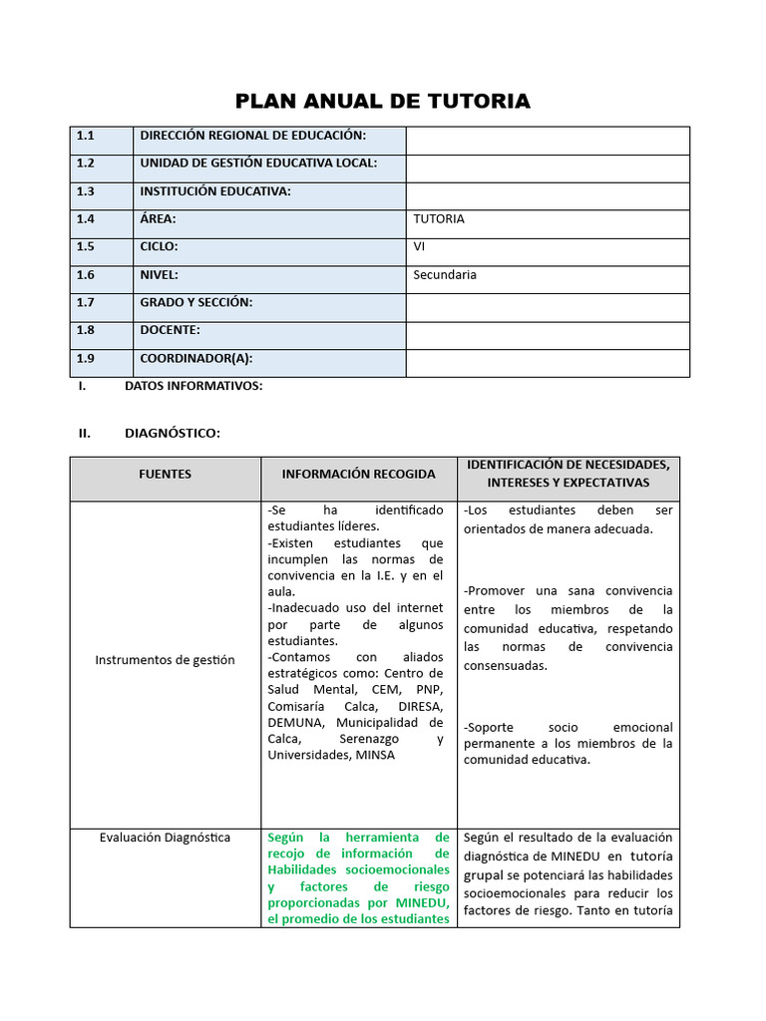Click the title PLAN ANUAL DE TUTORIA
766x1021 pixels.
(x=382, y=101)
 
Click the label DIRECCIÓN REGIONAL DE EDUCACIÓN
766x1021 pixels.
(x=252, y=136)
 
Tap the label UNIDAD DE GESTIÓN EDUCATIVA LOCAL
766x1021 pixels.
(x=258, y=164)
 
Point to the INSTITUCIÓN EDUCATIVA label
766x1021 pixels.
(x=215, y=191)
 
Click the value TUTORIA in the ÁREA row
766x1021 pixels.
(x=438, y=219)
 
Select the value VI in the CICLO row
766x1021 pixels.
(x=419, y=247)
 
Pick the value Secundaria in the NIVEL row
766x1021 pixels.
(x=445, y=275)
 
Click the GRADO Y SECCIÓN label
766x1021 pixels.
(x=195, y=302)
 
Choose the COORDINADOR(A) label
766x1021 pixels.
(x=195, y=358)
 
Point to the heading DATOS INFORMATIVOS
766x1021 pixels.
(x=193, y=386)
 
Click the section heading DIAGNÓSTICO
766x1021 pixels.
(x=173, y=433)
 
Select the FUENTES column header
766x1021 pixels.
(x=166, y=474)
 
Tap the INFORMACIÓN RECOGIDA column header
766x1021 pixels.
(x=358, y=474)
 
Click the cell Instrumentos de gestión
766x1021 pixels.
(x=166, y=659)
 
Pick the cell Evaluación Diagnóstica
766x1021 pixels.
(x=166, y=838)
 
